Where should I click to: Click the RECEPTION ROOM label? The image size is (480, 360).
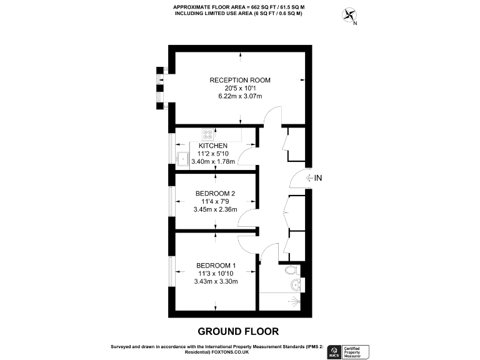click(x=240, y=80)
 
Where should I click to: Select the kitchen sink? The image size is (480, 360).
click(x=183, y=159)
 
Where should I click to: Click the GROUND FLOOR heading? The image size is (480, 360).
click(x=238, y=331)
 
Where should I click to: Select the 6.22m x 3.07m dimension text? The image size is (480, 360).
click(x=240, y=96)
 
